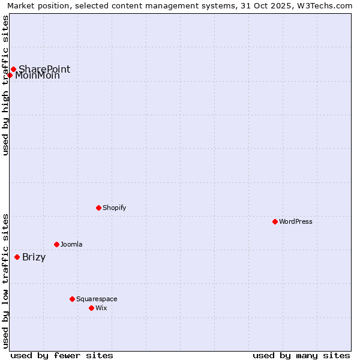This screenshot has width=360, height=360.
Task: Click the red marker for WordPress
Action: (275, 221)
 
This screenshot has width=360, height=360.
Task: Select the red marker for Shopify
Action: (98, 208)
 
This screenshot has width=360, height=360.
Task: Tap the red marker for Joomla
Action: (56, 244)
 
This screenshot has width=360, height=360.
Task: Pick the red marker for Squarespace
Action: (72, 299)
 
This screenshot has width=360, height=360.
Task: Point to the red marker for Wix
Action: (91, 308)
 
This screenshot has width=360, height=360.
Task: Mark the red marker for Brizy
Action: (17, 257)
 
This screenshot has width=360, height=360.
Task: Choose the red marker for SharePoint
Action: (13, 69)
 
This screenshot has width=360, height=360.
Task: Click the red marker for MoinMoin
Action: (10, 75)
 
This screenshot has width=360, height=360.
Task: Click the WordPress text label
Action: (296, 221)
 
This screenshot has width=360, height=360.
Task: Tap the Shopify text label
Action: (115, 208)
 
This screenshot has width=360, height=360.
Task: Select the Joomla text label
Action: (71, 244)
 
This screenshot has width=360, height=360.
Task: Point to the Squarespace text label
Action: (97, 299)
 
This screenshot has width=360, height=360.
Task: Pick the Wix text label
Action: (101, 308)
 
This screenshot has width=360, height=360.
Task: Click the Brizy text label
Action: (34, 257)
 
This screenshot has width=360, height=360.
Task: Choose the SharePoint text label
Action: (44, 69)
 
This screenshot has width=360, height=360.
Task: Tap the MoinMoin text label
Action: (37, 76)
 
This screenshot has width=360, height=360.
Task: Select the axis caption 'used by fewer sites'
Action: (62, 355)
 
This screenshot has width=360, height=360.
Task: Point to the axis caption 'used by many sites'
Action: (301, 355)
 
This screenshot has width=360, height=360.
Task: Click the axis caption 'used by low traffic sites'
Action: (5, 281)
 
